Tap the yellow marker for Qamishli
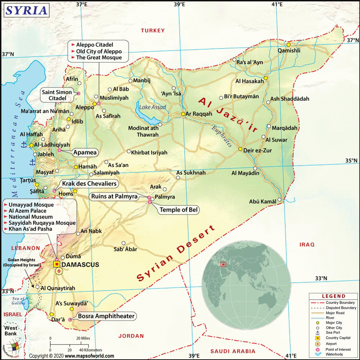(x=289, y=45)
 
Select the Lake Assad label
(x=153, y=107)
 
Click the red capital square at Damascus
(x=57, y=264)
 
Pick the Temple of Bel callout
(x=179, y=210)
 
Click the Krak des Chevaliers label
(x=89, y=184)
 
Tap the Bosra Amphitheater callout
(x=106, y=316)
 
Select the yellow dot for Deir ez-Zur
(x=240, y=149)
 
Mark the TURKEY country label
(x=153, y=31)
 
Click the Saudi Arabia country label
(x=233, y=351)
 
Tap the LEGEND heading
(x=333, y=296)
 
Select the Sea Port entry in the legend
(x=334, y=333)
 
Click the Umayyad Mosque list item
(x=31, y=205)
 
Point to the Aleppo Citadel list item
(x=95, y=45)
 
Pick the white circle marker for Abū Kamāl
(x=279, y=200)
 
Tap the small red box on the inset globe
(x=223, y=265)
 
